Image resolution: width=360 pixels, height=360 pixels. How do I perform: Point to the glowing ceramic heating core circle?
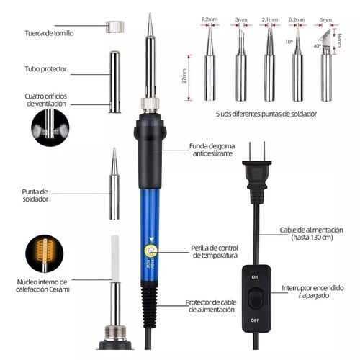click(x=48, y=251)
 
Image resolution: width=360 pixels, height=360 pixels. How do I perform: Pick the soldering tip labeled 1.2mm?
click(x=210, y=61)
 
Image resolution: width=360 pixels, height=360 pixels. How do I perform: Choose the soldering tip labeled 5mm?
click(x=325, y=61)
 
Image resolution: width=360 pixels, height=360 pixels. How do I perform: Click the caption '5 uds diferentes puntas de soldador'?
click(x=265, y=114)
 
